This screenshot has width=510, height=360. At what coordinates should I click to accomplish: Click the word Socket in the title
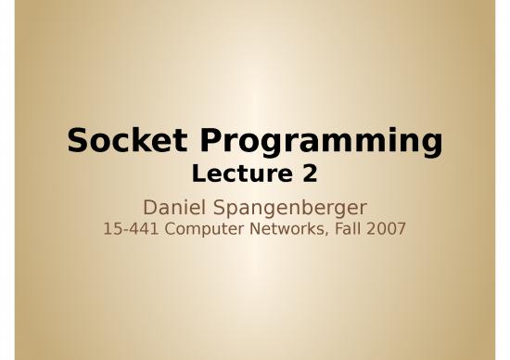(127, 140)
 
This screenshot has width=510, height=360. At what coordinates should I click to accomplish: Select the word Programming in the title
(321, 143)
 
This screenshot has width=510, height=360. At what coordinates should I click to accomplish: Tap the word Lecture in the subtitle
(242, 174)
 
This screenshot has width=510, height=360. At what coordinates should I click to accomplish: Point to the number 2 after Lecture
(310, 174)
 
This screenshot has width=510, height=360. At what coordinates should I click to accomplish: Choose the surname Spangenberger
(290, 209)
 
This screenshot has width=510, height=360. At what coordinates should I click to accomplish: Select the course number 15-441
(131, 228)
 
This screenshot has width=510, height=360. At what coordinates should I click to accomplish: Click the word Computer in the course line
(204, 229)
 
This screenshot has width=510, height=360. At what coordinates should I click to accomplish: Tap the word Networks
(287, 228)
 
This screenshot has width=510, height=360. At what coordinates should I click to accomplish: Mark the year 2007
(386, 228)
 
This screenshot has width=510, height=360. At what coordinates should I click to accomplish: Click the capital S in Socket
(77, 140)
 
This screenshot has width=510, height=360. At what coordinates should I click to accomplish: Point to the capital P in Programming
(210, 140)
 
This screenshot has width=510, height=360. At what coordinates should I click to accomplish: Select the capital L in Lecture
(198, 174)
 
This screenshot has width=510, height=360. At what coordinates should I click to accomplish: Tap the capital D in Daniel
(150, 207)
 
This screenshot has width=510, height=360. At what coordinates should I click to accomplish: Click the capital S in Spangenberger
(219, 207)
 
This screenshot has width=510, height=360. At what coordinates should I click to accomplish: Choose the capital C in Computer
(171, 228)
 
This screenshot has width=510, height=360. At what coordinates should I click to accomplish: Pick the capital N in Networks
(255, 228)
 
